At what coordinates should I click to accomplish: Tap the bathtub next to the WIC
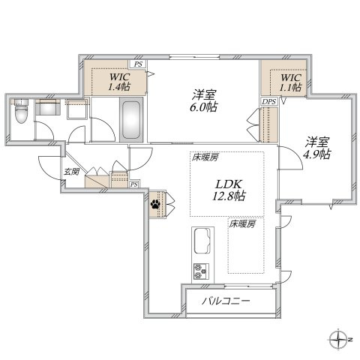point(131,120)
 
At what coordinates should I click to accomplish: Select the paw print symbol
point(155,205)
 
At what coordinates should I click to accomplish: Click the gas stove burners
point(201,271)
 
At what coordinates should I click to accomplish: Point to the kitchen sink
point(202,241)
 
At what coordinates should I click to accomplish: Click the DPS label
point(269,101)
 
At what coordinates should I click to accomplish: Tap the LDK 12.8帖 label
point(229,190)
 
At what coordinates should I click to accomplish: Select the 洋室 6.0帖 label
point(204,100)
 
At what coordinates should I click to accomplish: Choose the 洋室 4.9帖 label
point(316,148)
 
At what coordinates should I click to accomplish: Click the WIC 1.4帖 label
point(119,82)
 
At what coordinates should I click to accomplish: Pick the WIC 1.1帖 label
point(290,82)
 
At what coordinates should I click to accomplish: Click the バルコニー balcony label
point(226,301)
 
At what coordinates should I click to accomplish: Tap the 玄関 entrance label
point(71,172)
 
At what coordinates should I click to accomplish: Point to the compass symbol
point(338,340)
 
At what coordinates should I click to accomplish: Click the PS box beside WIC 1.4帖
point(138,64)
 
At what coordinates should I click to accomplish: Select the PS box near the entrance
point(134,184)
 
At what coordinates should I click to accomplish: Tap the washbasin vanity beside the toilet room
point(48,107)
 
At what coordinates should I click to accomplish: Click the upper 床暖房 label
point(205,157)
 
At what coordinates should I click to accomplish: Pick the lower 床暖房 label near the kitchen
point(242,224)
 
